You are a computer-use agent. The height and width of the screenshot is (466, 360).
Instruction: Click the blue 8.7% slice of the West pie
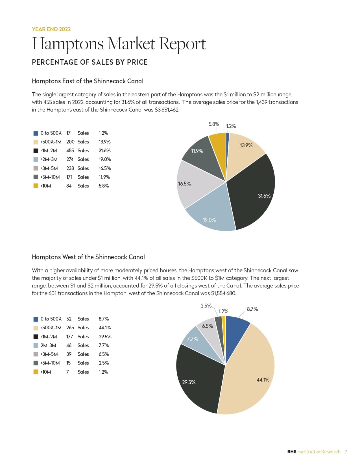point(236,330)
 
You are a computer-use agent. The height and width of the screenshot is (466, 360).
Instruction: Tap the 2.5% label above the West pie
point(206,306)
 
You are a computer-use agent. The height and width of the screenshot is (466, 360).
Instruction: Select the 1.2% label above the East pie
point(231,126)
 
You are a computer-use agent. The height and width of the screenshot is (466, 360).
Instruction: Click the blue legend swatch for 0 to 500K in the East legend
point(36,133)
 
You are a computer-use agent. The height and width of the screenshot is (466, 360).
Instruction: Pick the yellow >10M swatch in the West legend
point(36,372)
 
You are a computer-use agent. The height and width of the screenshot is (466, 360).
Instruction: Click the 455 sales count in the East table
point(70,151)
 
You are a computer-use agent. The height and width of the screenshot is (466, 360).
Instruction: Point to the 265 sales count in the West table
point(70,328)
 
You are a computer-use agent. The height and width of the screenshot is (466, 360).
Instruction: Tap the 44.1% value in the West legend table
point(104,328)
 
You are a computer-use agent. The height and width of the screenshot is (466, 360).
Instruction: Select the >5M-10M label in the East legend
point(50,177)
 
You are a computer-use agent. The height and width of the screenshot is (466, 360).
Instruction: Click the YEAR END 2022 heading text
point(51,29)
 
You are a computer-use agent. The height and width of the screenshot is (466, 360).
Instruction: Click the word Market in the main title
point(132,44)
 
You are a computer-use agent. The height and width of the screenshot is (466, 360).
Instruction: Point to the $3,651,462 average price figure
point(167,110)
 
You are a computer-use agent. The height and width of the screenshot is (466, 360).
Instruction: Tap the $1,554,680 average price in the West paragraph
point(223,293)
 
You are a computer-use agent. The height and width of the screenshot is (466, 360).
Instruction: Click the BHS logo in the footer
point(291,452)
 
